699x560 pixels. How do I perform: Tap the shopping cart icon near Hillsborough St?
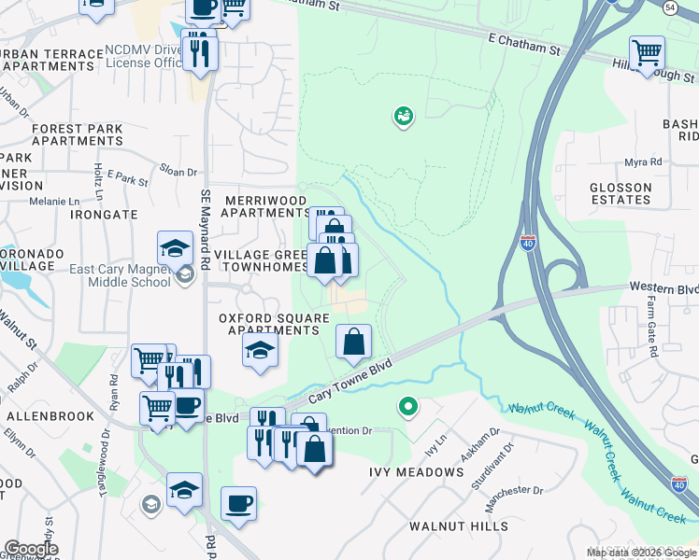coord(646,52)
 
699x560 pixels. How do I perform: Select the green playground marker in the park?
coord(404,117)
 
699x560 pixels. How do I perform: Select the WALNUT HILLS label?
coord(459,526)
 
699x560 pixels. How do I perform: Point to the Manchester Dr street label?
coord(513,490)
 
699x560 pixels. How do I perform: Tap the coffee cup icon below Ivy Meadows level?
coord(238,504)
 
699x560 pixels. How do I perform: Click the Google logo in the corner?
coord(31,549)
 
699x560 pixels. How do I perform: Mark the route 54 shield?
coord(669,7)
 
